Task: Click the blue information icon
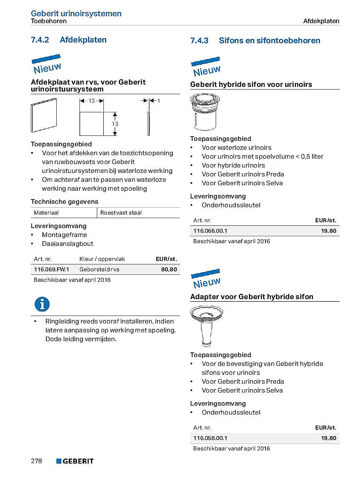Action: (x=42, y=304)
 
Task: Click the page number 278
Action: (x=36, y=461)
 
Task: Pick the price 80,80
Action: (x=169, y=269)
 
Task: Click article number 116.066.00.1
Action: (x=210, y=231)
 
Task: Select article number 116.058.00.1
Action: (x=210, y=438)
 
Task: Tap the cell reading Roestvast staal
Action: (x=121, y=213)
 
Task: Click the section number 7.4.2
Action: (x=40, y=40)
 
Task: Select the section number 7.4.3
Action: (x=199, y=41)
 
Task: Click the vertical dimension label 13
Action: (x=115, y=124)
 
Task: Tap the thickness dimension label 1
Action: (x=159, y=101)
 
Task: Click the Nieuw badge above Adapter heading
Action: (x=206, y=279)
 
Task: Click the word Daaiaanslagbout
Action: (x=68, y=244)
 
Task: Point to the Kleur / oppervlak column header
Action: (x=102, y=259)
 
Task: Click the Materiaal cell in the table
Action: (x=46, y=213)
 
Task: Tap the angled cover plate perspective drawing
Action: (x=44, y=115)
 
